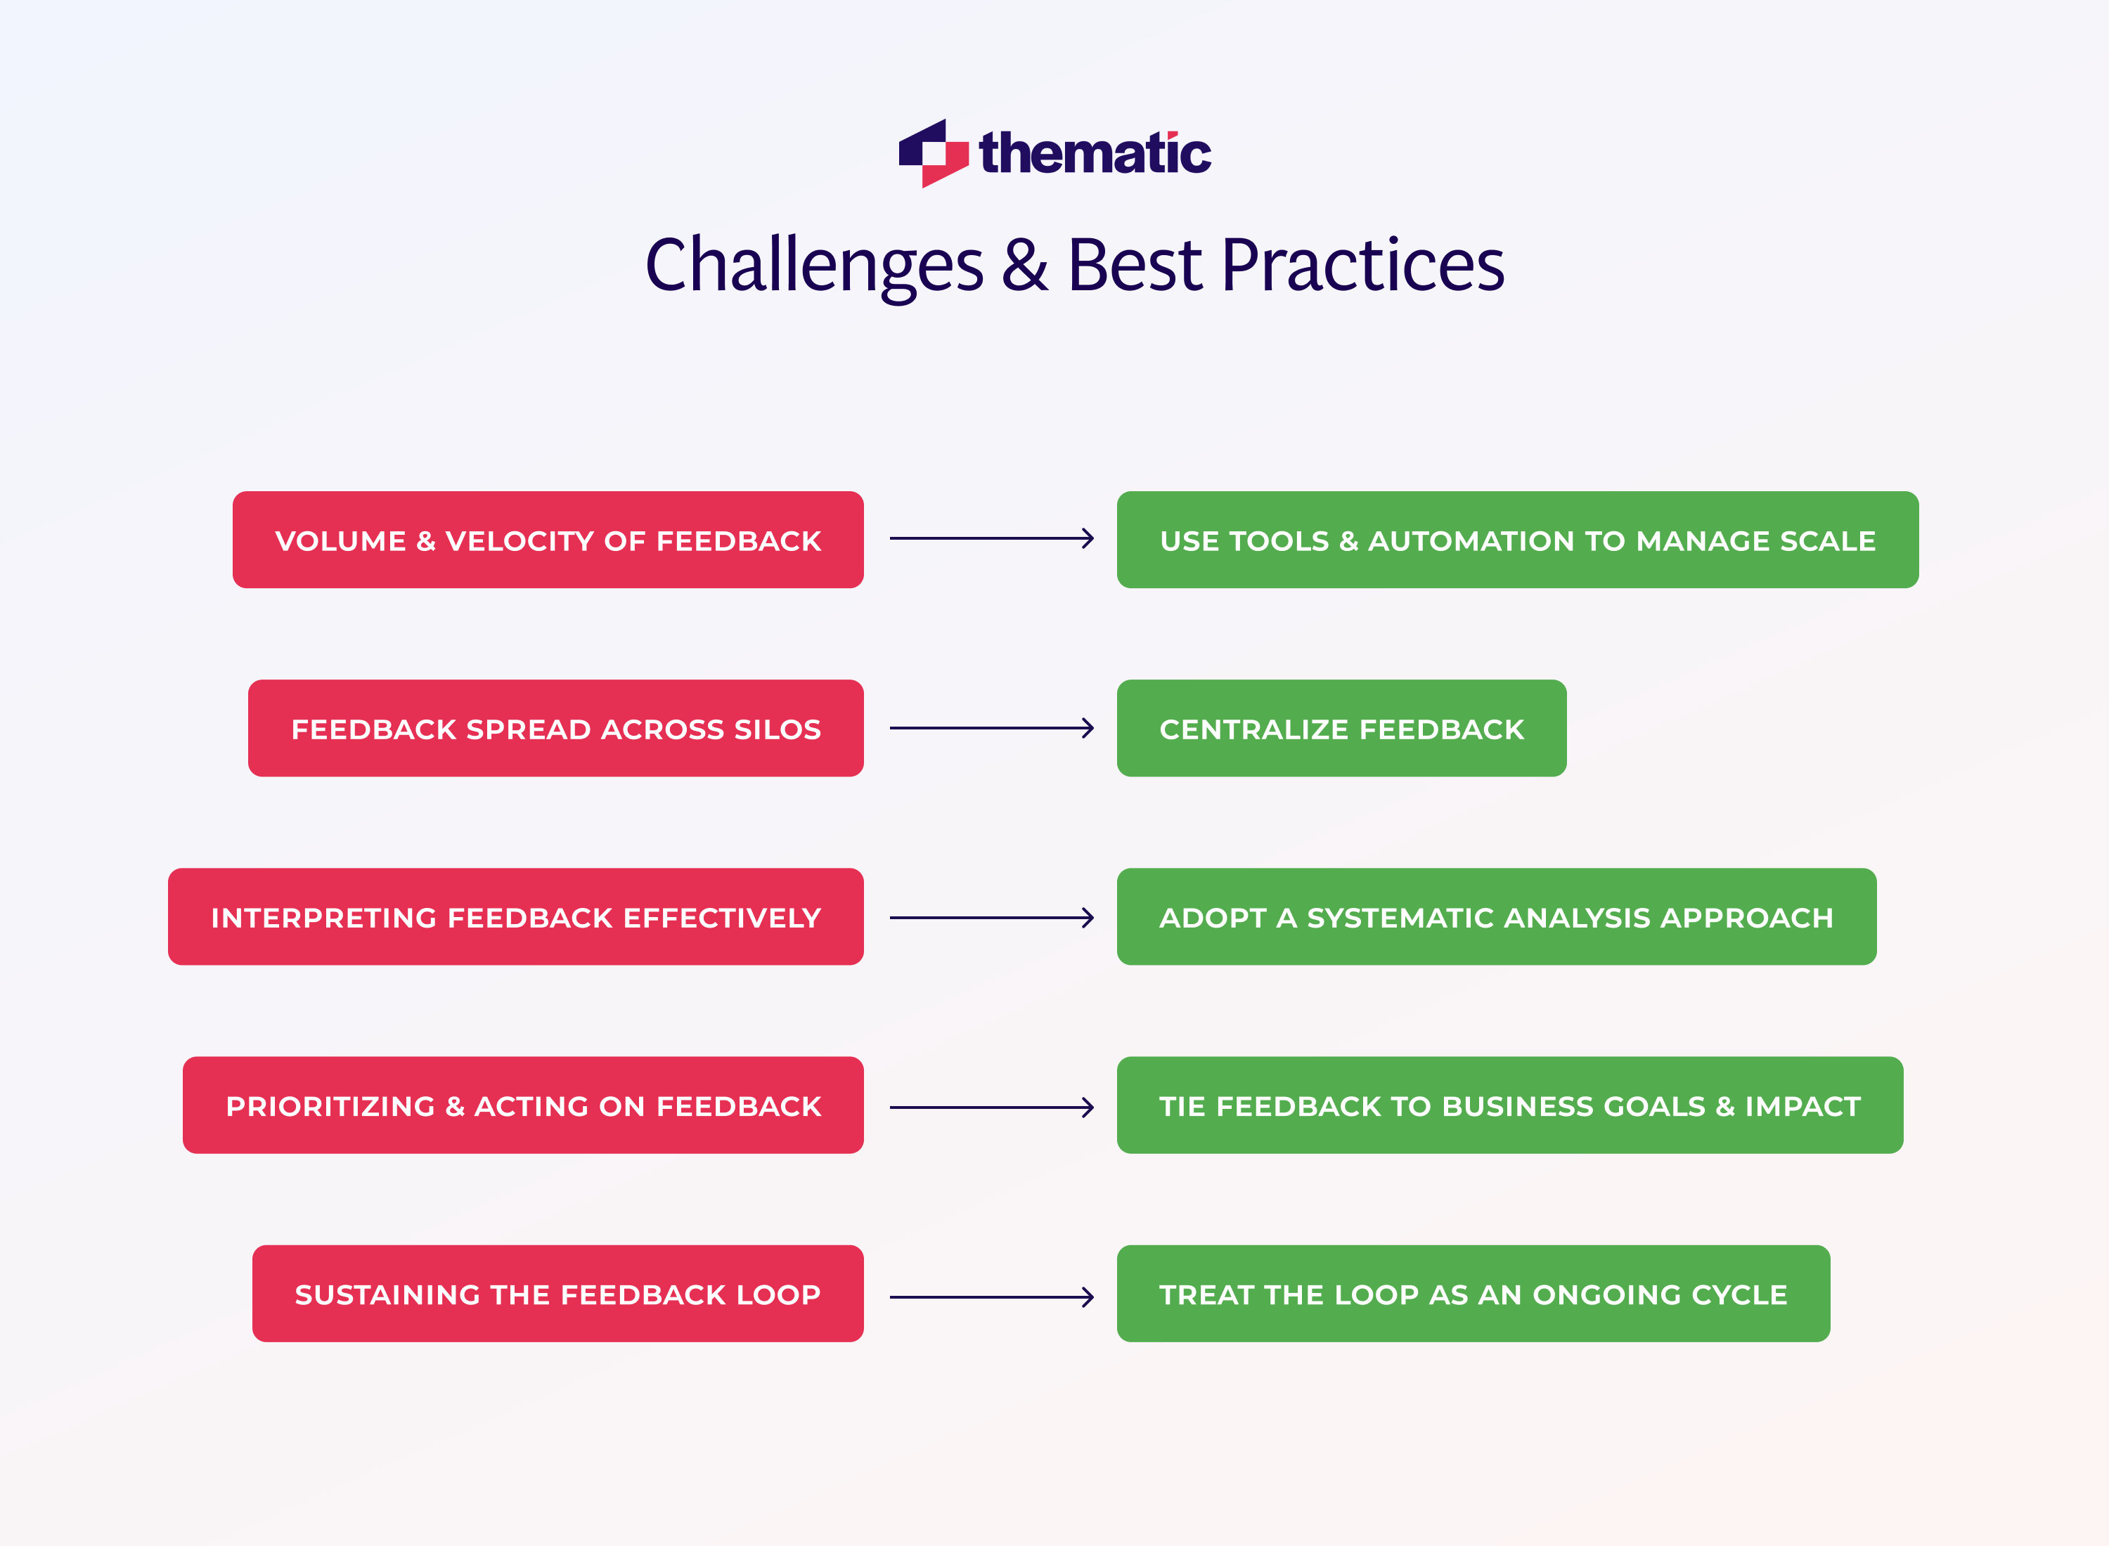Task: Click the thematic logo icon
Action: point(932,153)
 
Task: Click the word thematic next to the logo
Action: point(1095,153)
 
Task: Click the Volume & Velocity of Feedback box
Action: point(548,540)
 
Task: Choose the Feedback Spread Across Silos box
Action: point(555,728)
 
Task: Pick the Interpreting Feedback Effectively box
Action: point(516,917)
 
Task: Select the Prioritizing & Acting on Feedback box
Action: point(523,1105)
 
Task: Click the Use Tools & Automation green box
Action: point(1517,540)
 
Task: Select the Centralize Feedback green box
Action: point(1341,728)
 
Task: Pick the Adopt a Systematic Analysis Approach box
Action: point(1496,917)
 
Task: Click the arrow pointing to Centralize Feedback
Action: point(991,728)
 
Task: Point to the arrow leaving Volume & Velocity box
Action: point(991,539)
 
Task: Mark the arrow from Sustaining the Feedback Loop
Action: point(991,1297)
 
